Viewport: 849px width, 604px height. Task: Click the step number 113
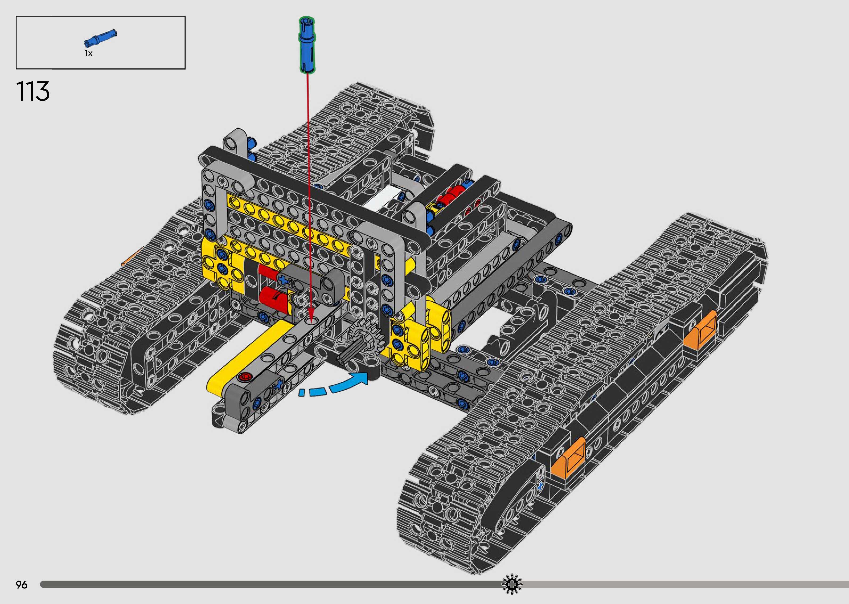(x=33, y=92)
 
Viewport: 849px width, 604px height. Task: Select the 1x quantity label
(x=88, y=53)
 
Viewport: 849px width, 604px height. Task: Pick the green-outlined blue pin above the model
(x=307, y=44)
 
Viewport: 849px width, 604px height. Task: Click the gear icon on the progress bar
(x=512, y=585)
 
